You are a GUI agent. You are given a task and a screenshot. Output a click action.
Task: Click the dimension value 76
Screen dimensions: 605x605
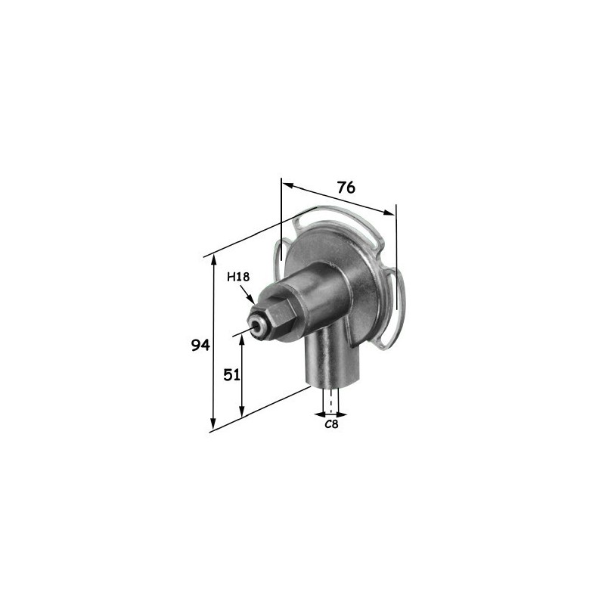click(346, 188)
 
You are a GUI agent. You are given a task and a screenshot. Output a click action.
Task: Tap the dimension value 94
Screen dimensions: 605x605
click(200, 345)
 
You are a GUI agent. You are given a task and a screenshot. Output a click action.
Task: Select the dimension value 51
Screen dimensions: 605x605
click(232, 374)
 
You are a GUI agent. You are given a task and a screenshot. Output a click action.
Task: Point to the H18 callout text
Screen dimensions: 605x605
click(238, 277)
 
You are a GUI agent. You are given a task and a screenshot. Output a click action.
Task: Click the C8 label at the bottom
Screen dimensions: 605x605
click(331, 424)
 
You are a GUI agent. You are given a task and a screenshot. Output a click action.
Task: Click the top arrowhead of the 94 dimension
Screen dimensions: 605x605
click(213, 261)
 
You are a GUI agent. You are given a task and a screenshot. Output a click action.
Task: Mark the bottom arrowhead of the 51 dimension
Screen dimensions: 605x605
click(242, 411)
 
